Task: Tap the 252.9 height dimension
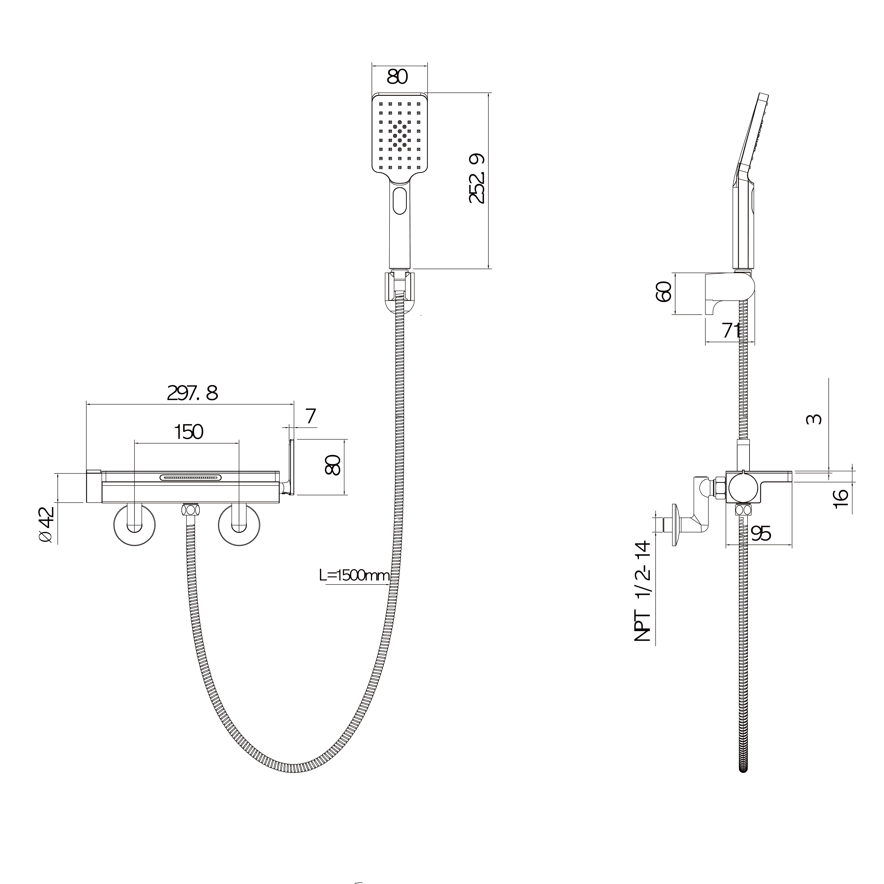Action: click(x=477, y=178)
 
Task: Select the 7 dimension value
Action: click(x=311, y=416)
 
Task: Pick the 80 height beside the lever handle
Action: click(x=333, y=465)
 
